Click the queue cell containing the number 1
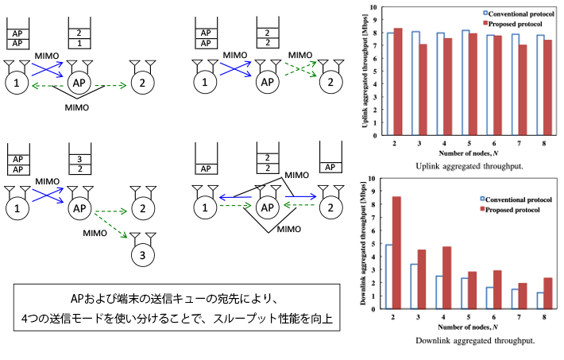pyautogui.click(x=79, y=45)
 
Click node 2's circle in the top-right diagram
pyautogui.click(x=326, y=81)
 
